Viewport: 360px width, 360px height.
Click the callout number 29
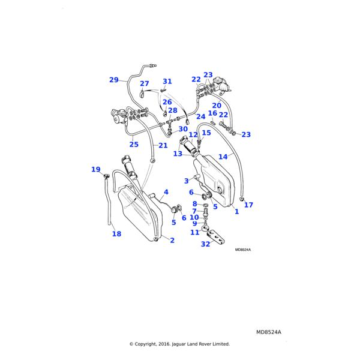(114, 80)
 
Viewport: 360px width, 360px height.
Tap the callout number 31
(167, 82)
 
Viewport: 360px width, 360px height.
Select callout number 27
(145, 84)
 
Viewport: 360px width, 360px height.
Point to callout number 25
(134, 145)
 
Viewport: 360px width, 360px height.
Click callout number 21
(163, 145)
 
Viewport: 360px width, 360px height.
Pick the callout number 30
(183, 129)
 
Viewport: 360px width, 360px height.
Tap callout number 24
(201, 116)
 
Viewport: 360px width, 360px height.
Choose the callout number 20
(217, 106)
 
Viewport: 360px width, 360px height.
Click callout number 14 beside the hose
(223, 157)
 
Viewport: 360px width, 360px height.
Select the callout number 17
(248, 205)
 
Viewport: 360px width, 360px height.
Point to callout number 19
(96, 170)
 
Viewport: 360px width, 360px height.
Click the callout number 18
(116, 234)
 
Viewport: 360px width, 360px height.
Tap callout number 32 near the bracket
(205, 244)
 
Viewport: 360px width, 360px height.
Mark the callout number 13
(178, 154)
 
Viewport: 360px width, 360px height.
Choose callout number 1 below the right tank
(236, 212)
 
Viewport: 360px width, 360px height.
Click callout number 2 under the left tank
(172, 241)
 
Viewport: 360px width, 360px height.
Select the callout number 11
(194, 232)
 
